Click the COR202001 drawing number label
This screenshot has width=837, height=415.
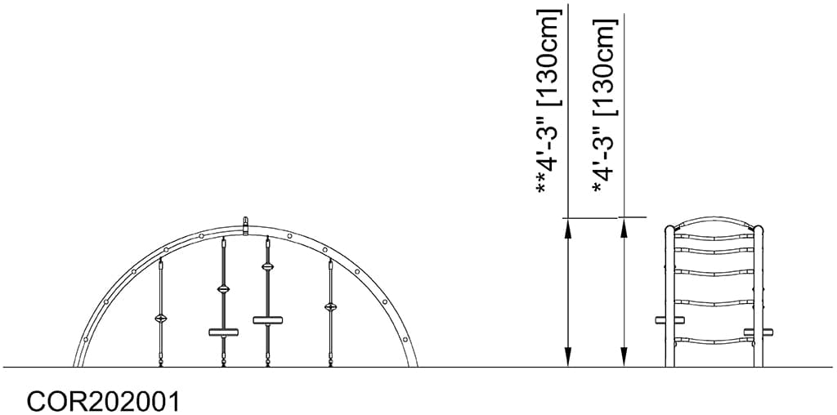pos(103,401)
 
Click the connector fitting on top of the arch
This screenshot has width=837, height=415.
pos(245,225)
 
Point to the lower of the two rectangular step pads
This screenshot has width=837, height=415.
pos(223,332)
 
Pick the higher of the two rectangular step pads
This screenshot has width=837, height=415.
pos(267,319)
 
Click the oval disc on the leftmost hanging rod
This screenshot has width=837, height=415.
pos(161,318)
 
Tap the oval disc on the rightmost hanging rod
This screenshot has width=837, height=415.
pos(330,307)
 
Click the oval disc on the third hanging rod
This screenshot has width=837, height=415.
pos(267,266)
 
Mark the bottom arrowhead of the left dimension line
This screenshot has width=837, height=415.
pos(566,358)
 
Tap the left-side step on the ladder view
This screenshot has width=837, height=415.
pos(669,320)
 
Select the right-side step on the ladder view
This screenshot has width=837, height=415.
pos(759,332)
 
